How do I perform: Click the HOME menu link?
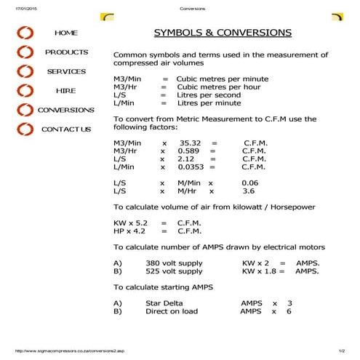click(x=65, y=33)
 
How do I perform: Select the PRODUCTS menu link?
click(x=66, y=52)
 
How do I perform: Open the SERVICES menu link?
click(x=66, y=71)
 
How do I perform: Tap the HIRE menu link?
click(x=65, y=91)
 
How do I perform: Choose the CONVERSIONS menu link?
click(x=65, y=110)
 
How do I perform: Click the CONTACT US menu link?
click(x=65, y=129)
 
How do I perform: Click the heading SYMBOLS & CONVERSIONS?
click(x=223, y=33)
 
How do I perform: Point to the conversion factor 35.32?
click(x=189, y=143)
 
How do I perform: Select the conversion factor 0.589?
click(x=188, y=151)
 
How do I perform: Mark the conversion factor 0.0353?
click(x=191, y=167)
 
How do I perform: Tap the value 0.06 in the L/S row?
click(x=249, y=183)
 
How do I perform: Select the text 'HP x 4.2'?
click(x=130, y=230)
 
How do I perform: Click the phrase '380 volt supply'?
click(x=174, y=263)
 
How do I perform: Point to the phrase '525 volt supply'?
click(x=174, y=271)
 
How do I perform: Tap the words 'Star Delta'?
click(x=164, y=303)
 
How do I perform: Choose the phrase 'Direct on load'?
click(x=172, y=311)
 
